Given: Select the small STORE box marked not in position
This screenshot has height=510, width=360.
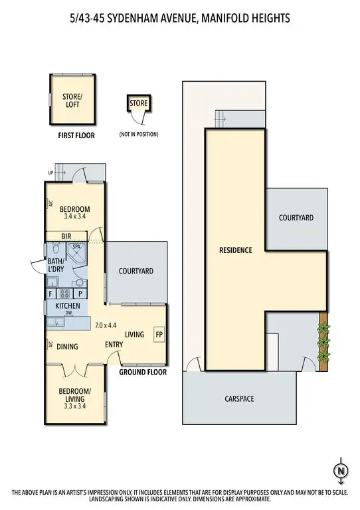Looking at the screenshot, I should pyautogui.click(x=138, y=104).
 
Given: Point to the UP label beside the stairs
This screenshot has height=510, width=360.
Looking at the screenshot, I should pyautogui.click(x=50, y=173).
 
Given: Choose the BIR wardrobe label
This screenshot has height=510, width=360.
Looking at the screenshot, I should pyautogui.click(x=66, y=236).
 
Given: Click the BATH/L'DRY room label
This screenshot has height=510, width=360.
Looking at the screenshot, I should pyautogui.click(x=56, y=266).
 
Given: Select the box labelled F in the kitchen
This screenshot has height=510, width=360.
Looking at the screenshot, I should pyautogui.click(x=50, y=293).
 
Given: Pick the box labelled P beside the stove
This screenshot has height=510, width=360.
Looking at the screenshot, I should pyautogui.click(x=80, y=293).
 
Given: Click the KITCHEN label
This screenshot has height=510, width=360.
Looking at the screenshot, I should pyautogui.click(x=68, y=306).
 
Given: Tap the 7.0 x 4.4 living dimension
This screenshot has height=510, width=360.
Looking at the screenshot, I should pyautogui.click(x=106, y=325).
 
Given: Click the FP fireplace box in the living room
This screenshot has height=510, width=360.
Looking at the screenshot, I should pyautogui.click(x=159, y=334).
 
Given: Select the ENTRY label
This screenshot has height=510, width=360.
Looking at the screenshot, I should pyautogui.click(x=115, y=345).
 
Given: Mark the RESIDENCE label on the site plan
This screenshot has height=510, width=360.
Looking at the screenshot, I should pyautogui.click(x=236, y=250).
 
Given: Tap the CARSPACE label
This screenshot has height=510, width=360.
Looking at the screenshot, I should pyautogui.click(x=238, y=398).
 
